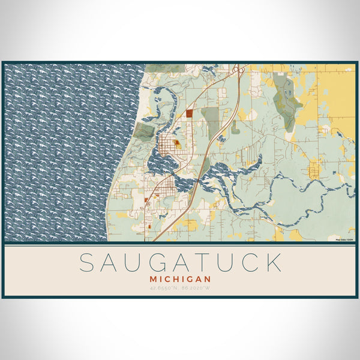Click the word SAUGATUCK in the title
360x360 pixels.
click(x=180, y=263)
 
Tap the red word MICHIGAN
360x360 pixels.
click(x=181, y=279)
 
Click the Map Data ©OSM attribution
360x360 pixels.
click(x=344, y=241)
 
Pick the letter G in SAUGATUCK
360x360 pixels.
click(x=166, y=263)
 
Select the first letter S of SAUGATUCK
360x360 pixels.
click(x=88, y=263)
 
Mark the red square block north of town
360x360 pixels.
click(x=189, y=112)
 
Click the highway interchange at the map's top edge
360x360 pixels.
click(x=239, y=70)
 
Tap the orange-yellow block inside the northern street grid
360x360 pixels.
click(x=178, y=145)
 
